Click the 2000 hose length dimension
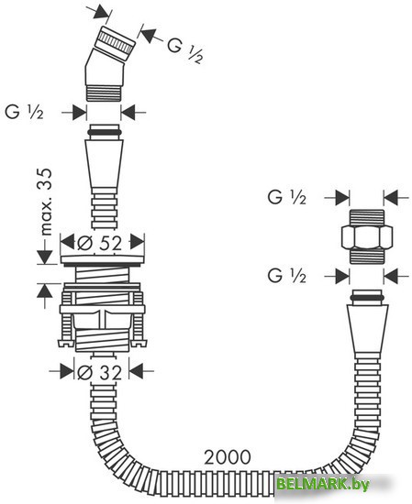point(228,456)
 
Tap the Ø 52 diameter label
point(100,243)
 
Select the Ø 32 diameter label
point(100,373)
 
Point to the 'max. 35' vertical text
point(47,202)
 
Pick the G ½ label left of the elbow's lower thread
point(24,112)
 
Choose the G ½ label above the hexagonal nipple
point(287,197)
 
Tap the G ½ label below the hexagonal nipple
point(287,276)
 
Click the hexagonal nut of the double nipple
point(367,236)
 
